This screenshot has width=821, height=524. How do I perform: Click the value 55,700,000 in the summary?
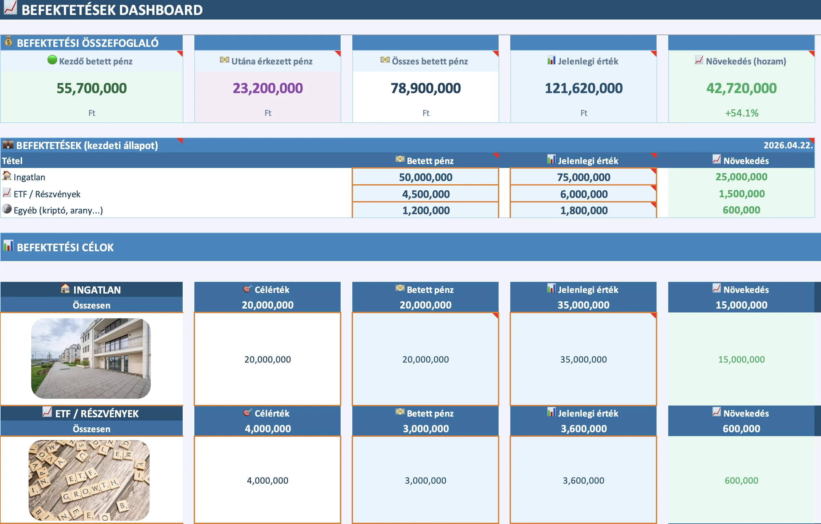click(x=91, y=89)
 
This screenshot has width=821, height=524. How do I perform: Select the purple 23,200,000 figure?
click(x=267, y=89)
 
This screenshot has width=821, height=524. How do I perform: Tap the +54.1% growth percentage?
click(x=742, y=113)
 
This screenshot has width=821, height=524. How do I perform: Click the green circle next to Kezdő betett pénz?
click(x=52, y=60)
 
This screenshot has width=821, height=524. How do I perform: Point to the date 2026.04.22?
click(x=788, y=145)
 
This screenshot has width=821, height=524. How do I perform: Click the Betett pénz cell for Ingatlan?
click(x=425, y=177)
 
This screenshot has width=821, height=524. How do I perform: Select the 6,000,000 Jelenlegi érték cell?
click(x=583, y=194)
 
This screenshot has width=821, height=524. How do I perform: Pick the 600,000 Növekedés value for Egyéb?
click(x=741, y=210)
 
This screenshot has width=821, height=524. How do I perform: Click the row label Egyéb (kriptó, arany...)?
click(x=58, y=210)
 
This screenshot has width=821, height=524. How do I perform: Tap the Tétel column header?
click(x=12, y=161)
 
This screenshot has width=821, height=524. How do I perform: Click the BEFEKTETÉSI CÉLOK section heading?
click(x=65, y=247)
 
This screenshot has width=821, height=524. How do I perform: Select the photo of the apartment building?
click(x=91, y=358)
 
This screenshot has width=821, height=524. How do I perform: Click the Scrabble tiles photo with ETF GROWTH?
click(x=89, y=480)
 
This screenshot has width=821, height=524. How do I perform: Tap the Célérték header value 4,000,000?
click(x=267, y=429)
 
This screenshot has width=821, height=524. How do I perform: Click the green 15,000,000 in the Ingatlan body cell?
click(x=741, y=359)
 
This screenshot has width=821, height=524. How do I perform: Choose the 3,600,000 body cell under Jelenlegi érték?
click(x=583, y=481)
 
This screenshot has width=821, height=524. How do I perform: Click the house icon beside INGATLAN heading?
click(x=65, y=288)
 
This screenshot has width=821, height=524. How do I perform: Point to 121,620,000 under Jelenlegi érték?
click(x=583, y=89)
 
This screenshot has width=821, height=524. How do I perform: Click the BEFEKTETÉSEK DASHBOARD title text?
click(x=112, y=10)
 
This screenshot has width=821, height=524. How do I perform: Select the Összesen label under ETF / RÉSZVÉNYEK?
click(x=91, y=429)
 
